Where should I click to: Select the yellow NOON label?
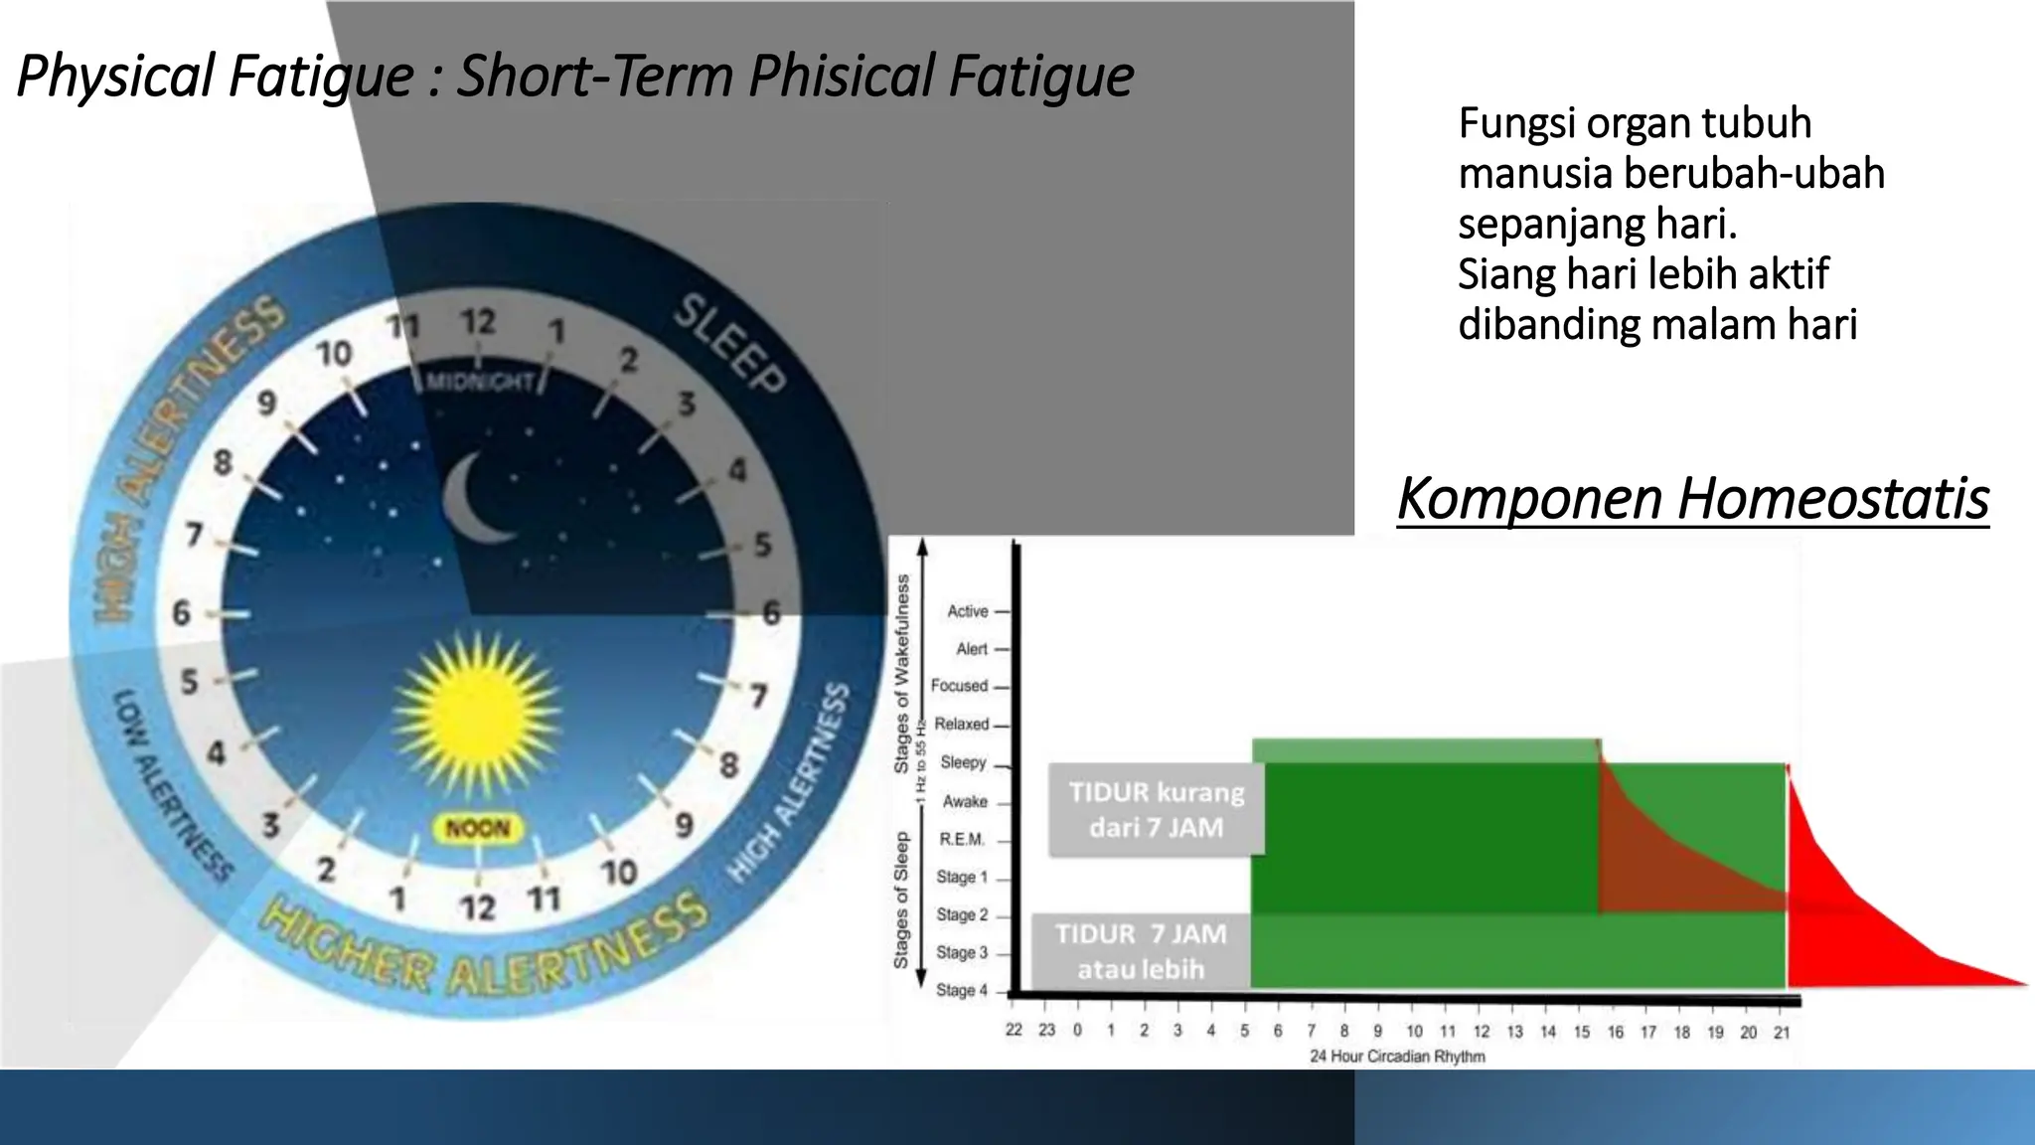pos(478,829)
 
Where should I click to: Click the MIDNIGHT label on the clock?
pos(481,383)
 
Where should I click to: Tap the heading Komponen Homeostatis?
pos(1692,499)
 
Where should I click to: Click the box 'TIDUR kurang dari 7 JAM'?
pos(1156,809)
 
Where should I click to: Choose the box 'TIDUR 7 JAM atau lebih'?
pos(1140,951)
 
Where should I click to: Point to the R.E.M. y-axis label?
pos(961,840)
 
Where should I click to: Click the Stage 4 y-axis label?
pos(961,990)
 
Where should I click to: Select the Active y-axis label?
pos(967,611)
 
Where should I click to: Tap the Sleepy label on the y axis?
pos(963,762)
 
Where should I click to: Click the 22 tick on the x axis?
pos(1014,1030)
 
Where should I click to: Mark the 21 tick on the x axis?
pos(1782,1033)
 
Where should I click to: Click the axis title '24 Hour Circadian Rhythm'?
pos(1397,1057)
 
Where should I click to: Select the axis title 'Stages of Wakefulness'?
pos(902,676)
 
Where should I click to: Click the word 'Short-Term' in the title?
pos(594,77)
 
